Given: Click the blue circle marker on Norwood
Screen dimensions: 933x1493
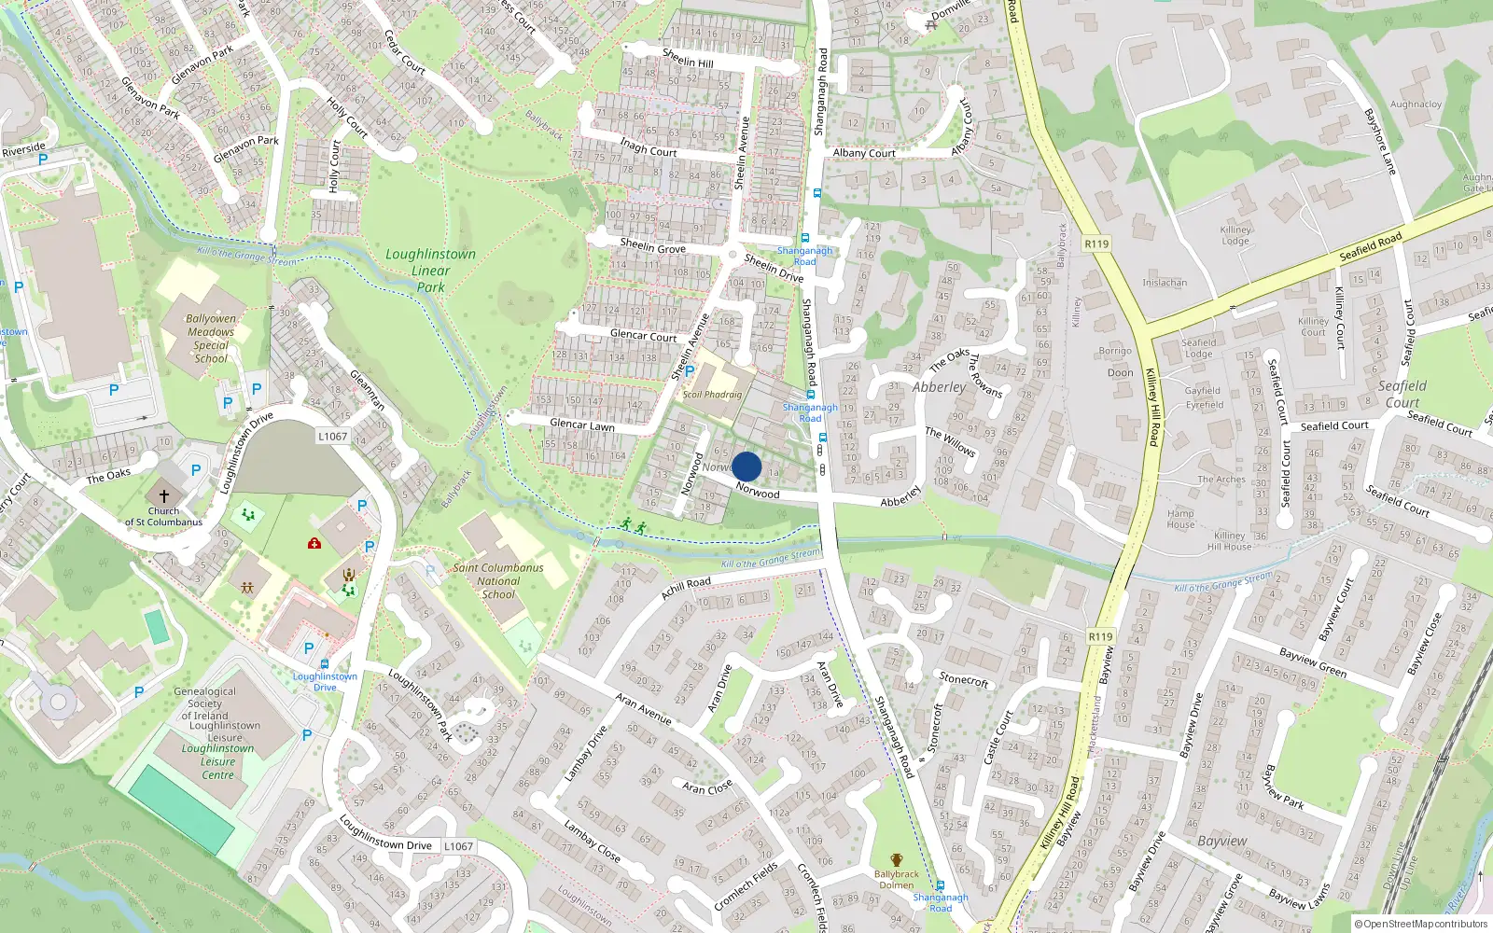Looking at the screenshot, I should tap(746, 466).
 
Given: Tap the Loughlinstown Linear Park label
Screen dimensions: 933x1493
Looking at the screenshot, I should tap(430, 271).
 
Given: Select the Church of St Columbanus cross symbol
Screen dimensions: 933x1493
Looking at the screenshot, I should tap(164, 496).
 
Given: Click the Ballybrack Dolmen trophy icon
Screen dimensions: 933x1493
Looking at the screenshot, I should tap(897, 860).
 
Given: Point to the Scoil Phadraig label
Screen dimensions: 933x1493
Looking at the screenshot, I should tap(712, 395).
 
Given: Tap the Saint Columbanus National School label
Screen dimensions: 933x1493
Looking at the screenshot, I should tap(498, 580).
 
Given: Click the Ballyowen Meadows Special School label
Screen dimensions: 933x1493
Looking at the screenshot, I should tap(211, 338).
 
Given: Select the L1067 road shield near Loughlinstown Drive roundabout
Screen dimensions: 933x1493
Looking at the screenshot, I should tap(332, 436).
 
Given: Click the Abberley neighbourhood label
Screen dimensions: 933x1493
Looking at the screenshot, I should tap(939, 387).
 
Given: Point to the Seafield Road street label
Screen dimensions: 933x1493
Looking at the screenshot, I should tap(1370, 247).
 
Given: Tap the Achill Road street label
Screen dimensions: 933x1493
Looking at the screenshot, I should tap(686, 588).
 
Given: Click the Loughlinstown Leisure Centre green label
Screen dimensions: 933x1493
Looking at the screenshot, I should tap(217, 761).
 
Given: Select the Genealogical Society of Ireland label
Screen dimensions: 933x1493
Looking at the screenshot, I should tap(205, 703).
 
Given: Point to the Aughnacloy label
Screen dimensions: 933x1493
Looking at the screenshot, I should tap(1416, 104).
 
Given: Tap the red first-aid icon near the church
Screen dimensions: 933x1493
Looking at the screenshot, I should tap(314, 543).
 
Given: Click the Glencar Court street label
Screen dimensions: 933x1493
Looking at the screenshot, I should tap(643, 335).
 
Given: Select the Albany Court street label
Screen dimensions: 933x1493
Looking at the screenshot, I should tap(864, 153).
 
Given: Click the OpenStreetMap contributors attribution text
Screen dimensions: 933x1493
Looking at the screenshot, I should tap(1421, 924).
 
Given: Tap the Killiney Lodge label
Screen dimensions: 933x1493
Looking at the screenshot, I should tap(1235, 235).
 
